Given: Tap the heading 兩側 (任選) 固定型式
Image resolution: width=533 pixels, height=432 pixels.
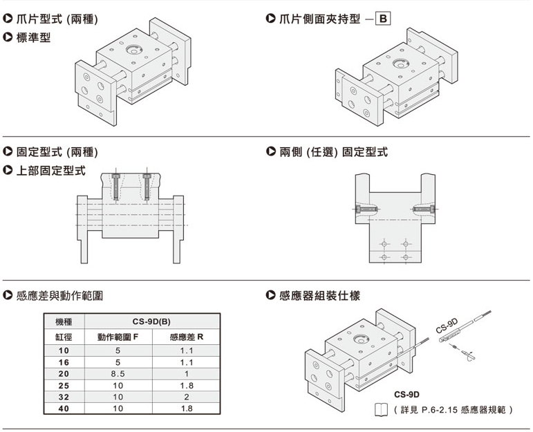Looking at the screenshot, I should pos(333,151).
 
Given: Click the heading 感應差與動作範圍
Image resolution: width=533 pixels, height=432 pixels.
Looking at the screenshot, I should pos(60,295).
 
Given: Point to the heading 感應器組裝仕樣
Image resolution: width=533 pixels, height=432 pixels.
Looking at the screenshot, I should pos(319,295).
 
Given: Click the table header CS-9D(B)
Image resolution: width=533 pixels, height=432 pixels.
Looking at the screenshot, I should pos(151,322).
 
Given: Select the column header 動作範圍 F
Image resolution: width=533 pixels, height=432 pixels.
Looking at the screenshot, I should pos(118,337).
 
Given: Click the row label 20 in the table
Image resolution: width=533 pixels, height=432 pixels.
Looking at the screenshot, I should pos(64,373).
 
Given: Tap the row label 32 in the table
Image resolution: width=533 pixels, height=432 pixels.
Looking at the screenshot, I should pos(64,397).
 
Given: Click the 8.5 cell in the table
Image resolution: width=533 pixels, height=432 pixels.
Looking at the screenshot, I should pos(118,373).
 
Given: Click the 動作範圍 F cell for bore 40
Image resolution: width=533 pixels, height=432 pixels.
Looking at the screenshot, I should pos(118,408).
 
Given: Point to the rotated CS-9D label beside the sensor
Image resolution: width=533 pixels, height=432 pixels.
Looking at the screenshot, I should pos(447,324).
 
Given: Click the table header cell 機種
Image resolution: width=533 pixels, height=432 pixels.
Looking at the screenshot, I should pos(64,322).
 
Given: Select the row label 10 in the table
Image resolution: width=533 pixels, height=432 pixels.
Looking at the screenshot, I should pos(64,350).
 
